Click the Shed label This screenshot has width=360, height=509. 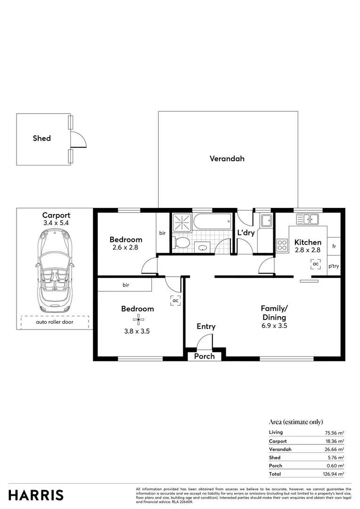(x=41, y=139)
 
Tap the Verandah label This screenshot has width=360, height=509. (x=227, y=159)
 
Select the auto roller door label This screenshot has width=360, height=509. (x=55, y=322)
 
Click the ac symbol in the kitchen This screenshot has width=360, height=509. (x=316, y=264)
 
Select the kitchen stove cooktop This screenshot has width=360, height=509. (x=282, y=245)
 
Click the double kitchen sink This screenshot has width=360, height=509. (x=307, y=219)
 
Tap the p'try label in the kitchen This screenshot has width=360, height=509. (x=334, y=266)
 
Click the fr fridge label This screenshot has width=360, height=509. (x=334, y=246)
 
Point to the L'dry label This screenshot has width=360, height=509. (x=246, y=233)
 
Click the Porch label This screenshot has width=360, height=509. (x=205, y=356)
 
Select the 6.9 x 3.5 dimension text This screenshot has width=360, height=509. (x=274, y=326)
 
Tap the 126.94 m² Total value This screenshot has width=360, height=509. (x=334, y=474)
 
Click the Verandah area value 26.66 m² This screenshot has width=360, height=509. (x=334, y=449)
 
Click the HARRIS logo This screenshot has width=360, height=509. (x=36, y=495)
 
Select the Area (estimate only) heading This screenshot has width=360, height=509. (x=296, y=422)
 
